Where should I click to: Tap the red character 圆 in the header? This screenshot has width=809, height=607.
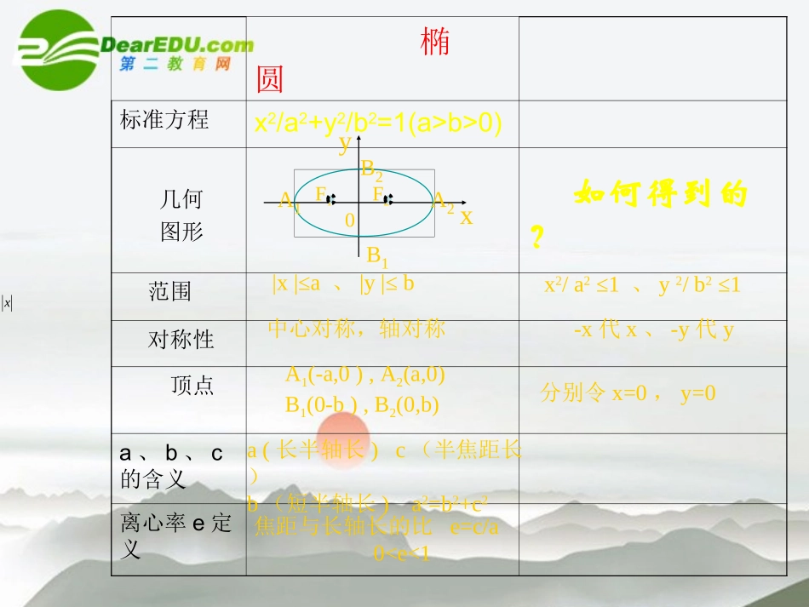click(269, 80)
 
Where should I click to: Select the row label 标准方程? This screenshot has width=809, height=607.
click(164, 119)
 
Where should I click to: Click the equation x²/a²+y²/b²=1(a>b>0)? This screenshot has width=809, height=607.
click(379, 123)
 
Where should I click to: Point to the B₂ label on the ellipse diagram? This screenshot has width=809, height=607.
click(371, 170)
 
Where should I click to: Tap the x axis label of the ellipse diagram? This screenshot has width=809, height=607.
click(466, 217)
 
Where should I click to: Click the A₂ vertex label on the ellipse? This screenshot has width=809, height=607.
click(443, 202)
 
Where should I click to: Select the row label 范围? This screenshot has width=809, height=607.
click(169, 292)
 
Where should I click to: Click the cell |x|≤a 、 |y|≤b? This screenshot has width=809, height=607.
click(343, 284)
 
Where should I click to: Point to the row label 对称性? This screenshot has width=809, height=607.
click(181, 340)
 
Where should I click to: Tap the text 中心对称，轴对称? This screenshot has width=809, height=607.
click(356, 329)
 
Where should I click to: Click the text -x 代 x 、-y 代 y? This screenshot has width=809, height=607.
click(653, 330)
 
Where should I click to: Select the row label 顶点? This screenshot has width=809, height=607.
click(192, 386)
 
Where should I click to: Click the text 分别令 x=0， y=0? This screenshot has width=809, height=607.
click(628, 392)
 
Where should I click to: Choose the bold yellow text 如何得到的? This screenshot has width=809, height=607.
click(660, 195)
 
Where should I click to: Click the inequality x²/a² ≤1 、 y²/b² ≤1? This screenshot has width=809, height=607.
click(642, 286)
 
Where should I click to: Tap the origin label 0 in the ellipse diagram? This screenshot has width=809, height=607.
click(349, 220)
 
